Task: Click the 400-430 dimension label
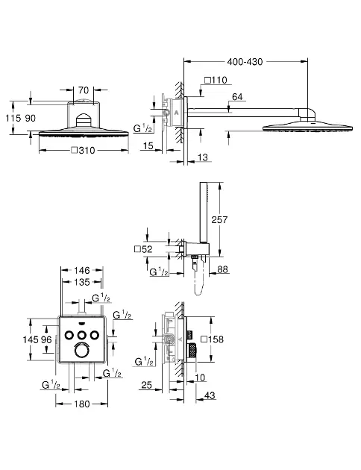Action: click(x=245, y=62)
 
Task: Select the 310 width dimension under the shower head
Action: click(x=84, y=150)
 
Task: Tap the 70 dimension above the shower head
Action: click(x=84, y=90)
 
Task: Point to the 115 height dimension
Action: click(x=13, y=118)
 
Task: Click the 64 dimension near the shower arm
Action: click(x=237, y=97)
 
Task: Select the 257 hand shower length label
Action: click(x=219, y=220)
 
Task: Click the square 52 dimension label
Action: click(x=143, y=248)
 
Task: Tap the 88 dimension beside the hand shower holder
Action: click(x=222, y=269)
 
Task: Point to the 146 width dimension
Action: click(x=82, y=270)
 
